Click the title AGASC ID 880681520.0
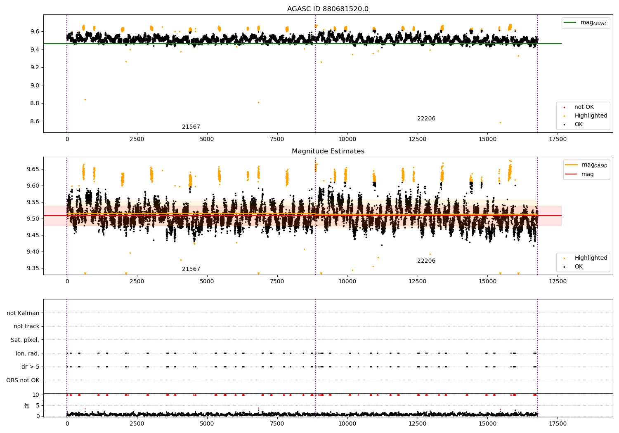[328, 9]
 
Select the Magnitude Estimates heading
[328, 151]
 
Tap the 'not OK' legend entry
[584, 107]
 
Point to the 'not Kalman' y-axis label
[23, 313]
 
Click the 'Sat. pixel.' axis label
[25, 340]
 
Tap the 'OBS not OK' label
[23, 380]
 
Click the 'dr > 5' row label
[31, 367]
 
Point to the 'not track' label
[26, 326]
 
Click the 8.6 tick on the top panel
[34, 121]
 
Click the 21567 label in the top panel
[191, 127]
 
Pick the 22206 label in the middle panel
[426, 261]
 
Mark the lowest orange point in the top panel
[500, 122]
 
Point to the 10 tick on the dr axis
[36, 395]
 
